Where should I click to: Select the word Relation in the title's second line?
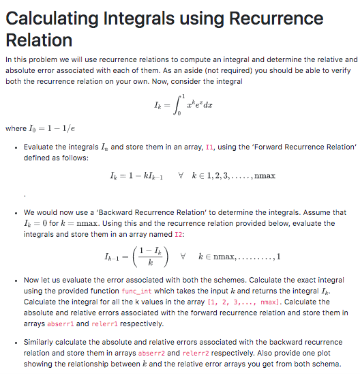point(38,40)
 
